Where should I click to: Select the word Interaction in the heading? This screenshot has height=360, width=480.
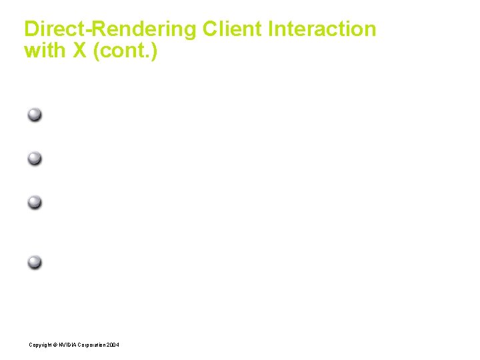coord(322,29)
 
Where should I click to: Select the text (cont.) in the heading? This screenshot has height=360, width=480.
coord(125,51)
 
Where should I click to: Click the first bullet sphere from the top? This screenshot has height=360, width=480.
coord(35,115)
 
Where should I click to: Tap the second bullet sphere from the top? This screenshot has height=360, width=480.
coord(35,159)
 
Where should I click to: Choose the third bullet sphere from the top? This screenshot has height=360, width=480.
coord(35,202)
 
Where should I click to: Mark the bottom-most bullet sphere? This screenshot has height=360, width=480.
coord(35,262)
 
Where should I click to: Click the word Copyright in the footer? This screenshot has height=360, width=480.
coord(39,345)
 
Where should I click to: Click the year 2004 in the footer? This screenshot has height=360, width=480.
coord(113,345)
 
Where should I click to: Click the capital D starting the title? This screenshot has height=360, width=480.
coord(31,29)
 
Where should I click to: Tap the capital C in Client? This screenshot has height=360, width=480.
coord(210,29)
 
